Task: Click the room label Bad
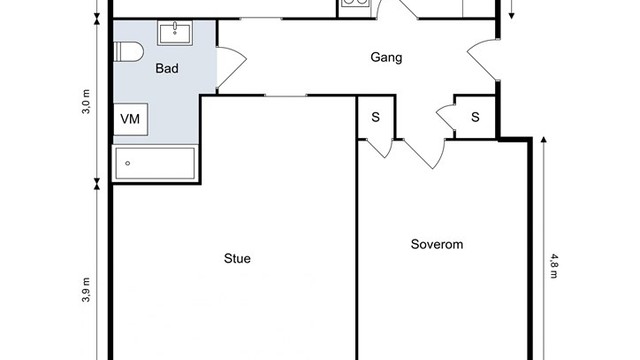(x=167, y=69)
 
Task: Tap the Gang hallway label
(x=386, y=58)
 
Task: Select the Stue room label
(x=237, y=259)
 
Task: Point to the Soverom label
(x=437, y=243)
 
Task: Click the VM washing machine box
(x=130, y=120)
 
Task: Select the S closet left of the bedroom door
(x=376, y=116)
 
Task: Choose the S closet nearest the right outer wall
(x=475, y=116)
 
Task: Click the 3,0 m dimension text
(x=87, y=102)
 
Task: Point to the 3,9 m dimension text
(x=87, y=290)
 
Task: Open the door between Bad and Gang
(x=228, y=70)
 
